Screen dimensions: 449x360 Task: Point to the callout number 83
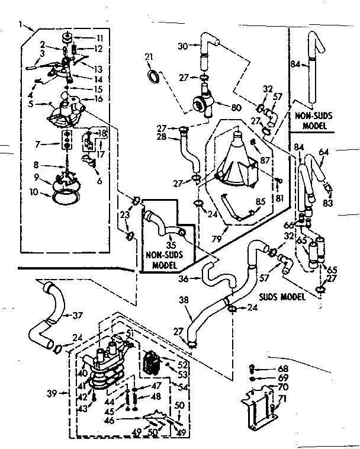pos(327,203)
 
